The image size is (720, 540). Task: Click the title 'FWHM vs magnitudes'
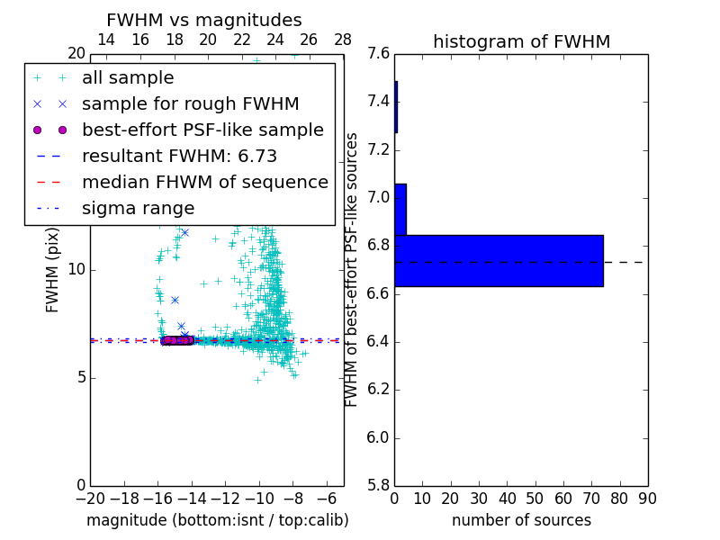coord(203,20)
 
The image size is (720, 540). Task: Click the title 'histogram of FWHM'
coord(521,41)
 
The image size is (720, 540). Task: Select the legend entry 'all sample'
coord(128,78)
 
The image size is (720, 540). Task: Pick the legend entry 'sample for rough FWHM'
coord(190,104)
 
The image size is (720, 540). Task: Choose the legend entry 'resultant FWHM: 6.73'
coord(179,157)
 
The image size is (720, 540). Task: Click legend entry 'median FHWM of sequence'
coord(204,183)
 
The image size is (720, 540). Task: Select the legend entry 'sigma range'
coord(138,209)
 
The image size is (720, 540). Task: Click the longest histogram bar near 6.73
coord(499,261)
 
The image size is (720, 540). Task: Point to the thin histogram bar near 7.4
coord(396,107)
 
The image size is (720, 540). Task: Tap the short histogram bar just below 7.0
coord(400,210)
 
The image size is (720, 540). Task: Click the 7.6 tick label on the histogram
coord(379,53)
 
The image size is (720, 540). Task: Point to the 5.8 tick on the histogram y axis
coord(379,486)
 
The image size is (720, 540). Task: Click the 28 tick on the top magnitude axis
coord(343,40)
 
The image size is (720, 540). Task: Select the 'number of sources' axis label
coord(521,521)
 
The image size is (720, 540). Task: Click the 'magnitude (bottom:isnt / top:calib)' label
coord(217,521)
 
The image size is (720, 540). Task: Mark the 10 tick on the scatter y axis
coord(76,270)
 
